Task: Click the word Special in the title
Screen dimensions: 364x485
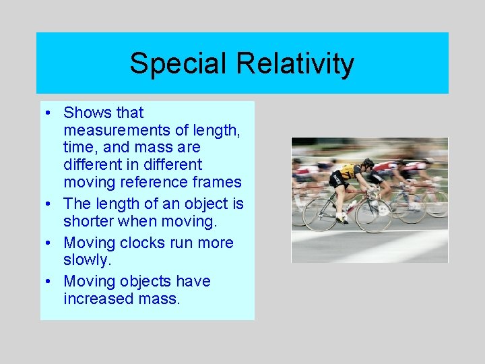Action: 177,64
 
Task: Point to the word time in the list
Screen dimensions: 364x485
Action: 79,147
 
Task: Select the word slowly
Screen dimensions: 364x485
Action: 86,260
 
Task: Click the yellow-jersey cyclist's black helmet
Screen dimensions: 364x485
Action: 368,162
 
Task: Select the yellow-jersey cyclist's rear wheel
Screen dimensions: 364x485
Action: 320,214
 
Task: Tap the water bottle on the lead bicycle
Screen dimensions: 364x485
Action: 351,204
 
